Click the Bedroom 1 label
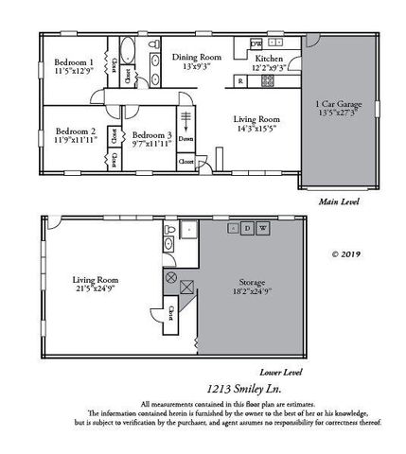coord(73,61)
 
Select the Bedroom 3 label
coord(150,136)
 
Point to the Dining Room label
coord(196,57)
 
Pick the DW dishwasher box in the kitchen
coord(256,44)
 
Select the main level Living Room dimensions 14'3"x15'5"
coord(258,128)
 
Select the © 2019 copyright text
coord(347,253)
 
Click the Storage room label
coord(253,283)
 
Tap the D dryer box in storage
coord(247,229)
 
